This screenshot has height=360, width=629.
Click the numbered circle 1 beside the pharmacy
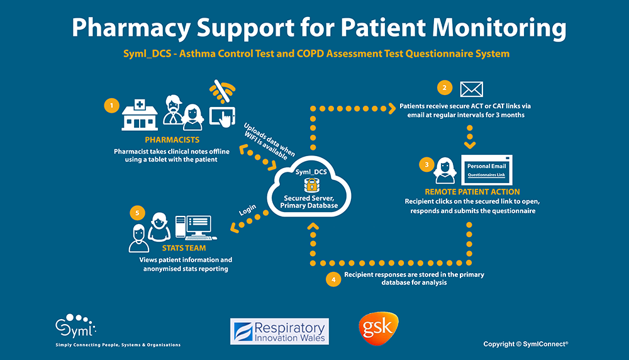click(x=112, y=106)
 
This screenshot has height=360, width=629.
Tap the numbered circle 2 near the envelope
click(x=445, y=88)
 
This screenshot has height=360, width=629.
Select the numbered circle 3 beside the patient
click(x=427, y=166)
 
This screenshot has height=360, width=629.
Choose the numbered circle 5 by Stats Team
click(x=138, y=213)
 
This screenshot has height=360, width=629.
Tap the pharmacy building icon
click(x=140, y=113)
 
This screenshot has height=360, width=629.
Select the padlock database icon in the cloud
click(x=311, y=185)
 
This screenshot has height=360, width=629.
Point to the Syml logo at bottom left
click(x=76, y=327)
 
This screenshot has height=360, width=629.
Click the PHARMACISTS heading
click(x=172, y=140)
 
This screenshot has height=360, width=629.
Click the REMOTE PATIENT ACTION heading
click(x=472, y=191)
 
